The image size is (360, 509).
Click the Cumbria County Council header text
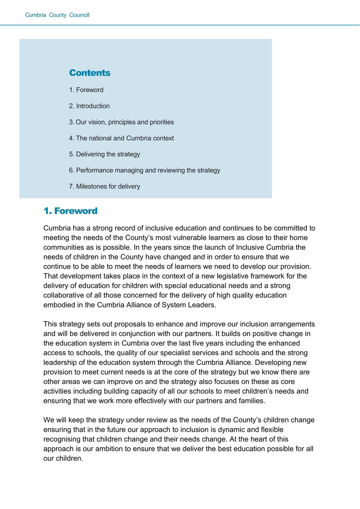(57, 15)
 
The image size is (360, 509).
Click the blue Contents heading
(90, 73)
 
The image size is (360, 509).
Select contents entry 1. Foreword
(86, 90)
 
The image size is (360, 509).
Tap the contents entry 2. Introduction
(90, 106)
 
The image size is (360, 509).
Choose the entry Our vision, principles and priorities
(122, 122)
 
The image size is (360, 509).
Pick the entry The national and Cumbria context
(122, 138)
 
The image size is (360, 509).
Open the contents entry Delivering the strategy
(104, 154)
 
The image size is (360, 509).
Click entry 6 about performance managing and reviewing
(145, 170)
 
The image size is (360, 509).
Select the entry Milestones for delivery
(104, 186)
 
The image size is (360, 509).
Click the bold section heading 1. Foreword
(70, 211)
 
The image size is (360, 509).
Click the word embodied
(59, 305)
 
